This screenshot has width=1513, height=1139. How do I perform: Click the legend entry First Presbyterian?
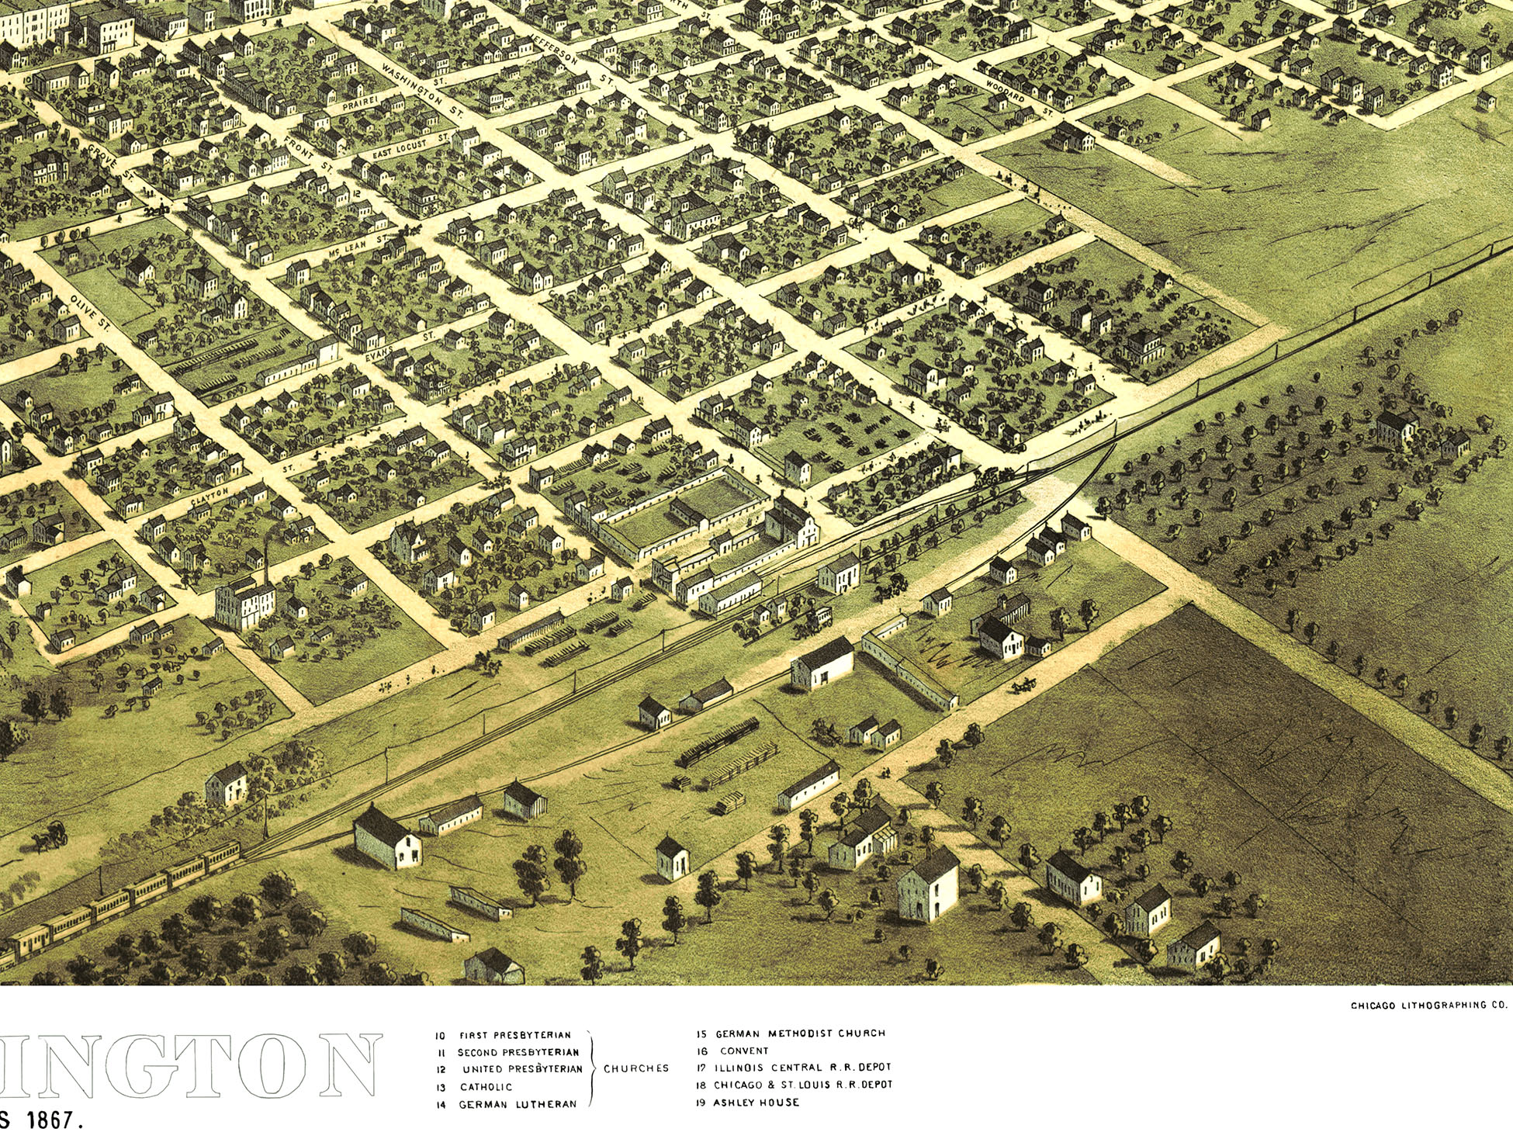pyautogui.click(x=514, y=1035)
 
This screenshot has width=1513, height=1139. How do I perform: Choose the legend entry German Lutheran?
pyautogui.click(x=518, y=1104)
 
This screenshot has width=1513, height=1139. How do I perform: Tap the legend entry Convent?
pyautogui.click(x=744, y=1051)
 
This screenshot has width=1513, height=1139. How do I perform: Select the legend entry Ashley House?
pyautogui.click(x=756, y=1103)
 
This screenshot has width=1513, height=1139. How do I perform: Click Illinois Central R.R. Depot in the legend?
pyautogui.click(x=803, y=1068)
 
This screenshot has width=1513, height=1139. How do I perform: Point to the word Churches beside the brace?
pyautogui.click(x=636, y=1068)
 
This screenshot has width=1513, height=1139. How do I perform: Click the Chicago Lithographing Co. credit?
pyautogui.click(x=1428, y=1006)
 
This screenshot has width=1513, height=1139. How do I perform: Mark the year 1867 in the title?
pyautogui.click(x=54, y=1121)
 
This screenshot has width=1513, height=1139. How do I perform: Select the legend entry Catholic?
pyautogui.click(x=486, y=1087)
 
